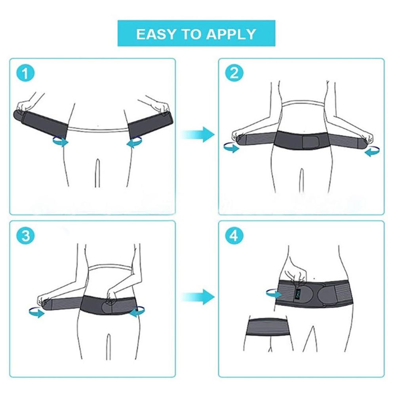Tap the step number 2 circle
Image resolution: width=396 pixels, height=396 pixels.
point(234,74)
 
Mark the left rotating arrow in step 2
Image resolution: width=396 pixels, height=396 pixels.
point(231,148)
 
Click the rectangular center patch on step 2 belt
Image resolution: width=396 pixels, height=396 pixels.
point(305,142)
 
